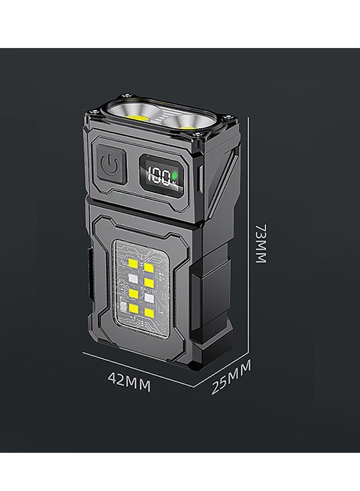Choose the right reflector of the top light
(x=188, y=121)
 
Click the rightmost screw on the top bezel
(x=227, y=117)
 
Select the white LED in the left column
(x=133, y=279)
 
